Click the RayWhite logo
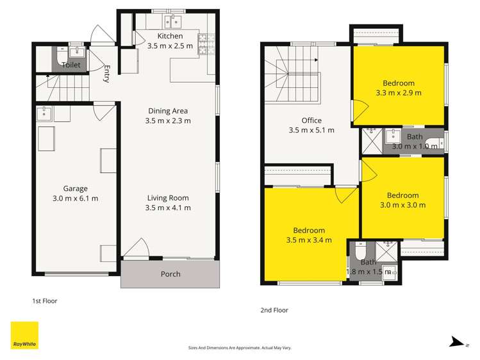[24, 335]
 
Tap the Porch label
[170, 274]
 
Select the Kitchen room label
[170, 36]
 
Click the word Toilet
[72, 65]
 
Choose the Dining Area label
[168, 111]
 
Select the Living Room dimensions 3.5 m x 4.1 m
[168, 208]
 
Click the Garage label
[75, 188]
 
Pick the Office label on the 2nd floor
[311, 120]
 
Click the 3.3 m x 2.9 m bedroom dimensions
[399, 92]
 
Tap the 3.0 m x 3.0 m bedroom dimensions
[402, 205]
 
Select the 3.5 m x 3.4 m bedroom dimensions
[309, 240]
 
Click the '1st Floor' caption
[45, 300]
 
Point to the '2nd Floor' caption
[274, 310]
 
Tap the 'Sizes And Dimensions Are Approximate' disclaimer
[240, 347]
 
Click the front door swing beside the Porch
[136, 249]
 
